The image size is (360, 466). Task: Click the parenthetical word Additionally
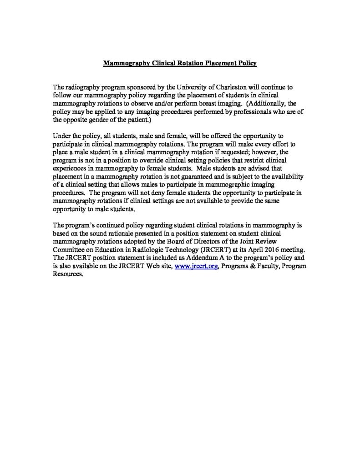pyautogui.click(x=270, y=103)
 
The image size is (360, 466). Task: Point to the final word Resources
pyautogui.click(x=69, y=275)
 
